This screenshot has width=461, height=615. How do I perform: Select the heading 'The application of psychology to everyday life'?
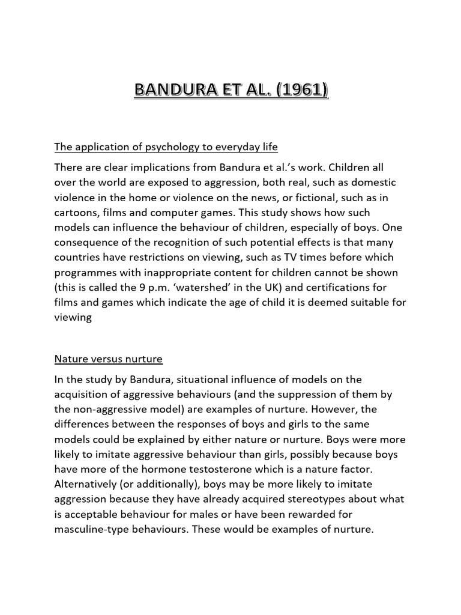(x=166, y=147)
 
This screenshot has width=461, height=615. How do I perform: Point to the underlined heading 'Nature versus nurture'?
(x=108, y=359)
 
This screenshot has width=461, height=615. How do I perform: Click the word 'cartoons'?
(x=75, y=213)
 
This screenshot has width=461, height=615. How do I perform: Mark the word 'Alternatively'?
(x=86, y=483)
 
